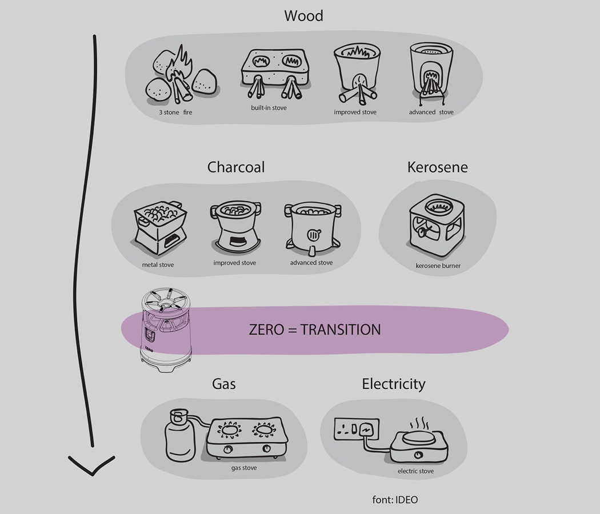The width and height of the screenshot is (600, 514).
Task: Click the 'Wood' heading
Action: [303, 15]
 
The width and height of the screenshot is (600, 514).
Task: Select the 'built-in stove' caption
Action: [269, 108]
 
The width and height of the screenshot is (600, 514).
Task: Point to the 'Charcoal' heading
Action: [235, 167]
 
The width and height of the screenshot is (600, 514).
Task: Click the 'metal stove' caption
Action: [158, 265]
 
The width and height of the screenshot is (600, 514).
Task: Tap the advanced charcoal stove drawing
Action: [312, 228]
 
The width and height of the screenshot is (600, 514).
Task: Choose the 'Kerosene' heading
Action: [437, 167]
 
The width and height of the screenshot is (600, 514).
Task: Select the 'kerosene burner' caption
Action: [438, 266]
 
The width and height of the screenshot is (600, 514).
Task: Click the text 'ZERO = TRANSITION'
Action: [314, 330]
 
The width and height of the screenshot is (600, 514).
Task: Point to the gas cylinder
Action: [181, 436]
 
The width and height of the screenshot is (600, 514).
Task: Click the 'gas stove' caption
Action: [244, 468]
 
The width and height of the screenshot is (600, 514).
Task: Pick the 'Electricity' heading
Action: [393, 384]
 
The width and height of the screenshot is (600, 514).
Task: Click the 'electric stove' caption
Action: [415, 471]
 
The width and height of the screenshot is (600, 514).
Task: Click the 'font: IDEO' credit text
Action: [395, 500]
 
